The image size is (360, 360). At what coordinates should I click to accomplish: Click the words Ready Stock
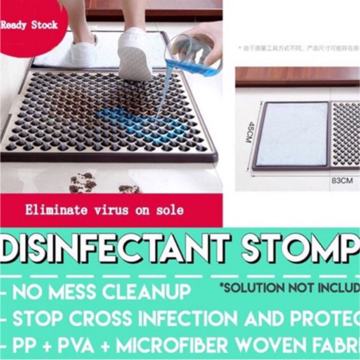tap(29, 25)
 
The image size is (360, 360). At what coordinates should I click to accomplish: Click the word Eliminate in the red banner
tap(52, 210)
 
